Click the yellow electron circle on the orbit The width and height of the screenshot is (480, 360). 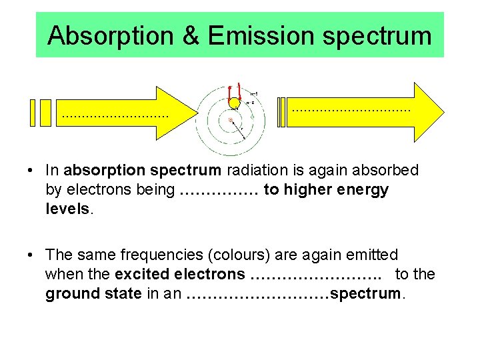234,103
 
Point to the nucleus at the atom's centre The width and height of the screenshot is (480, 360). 231,120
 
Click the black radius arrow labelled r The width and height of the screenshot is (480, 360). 238,129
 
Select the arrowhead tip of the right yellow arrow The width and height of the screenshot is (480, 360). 442,113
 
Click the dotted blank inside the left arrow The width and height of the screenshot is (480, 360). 115,116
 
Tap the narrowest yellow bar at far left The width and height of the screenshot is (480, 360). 31,113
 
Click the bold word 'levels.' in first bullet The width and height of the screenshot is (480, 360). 70,209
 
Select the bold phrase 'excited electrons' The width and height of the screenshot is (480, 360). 180,274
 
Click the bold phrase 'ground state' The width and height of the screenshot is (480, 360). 93,293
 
